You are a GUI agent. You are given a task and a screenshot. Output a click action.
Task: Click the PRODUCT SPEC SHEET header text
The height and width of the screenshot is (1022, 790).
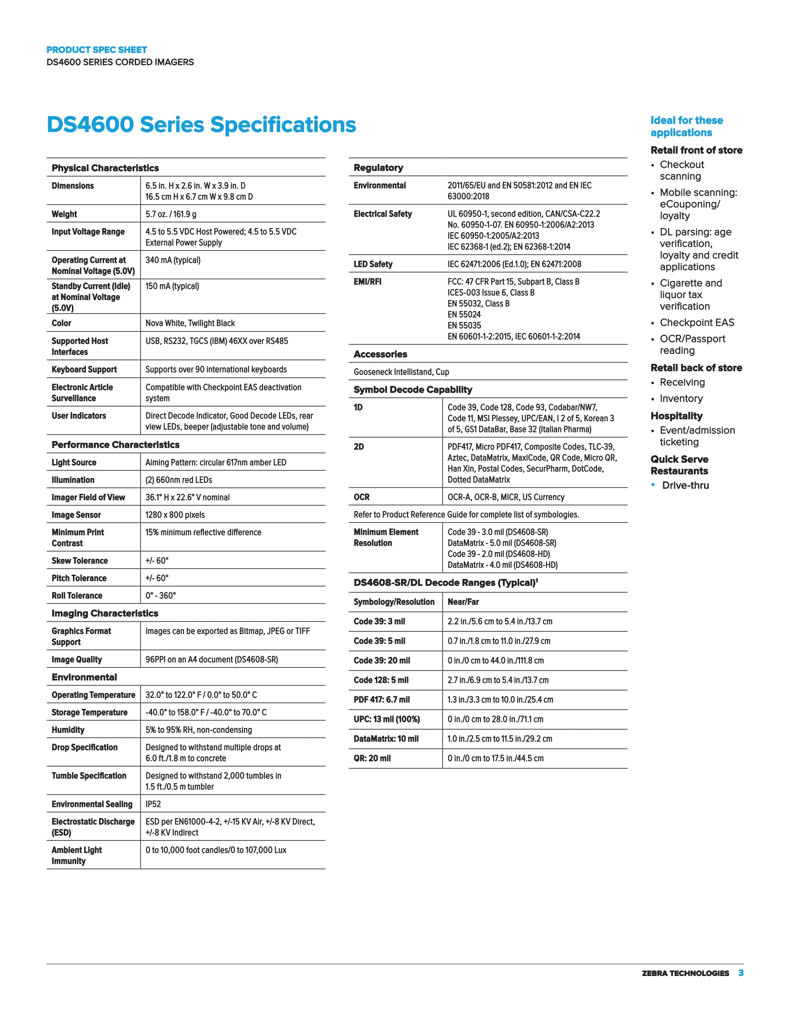[96, 50]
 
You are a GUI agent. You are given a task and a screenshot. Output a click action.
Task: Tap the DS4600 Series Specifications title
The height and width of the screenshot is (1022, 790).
[201, 125]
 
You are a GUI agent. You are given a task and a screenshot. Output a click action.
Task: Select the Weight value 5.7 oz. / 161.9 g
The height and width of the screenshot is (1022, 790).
[171, 214]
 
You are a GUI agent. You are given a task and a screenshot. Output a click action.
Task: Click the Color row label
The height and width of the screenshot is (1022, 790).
[61, 323]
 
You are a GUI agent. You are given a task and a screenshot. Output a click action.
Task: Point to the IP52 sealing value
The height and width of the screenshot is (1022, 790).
[153, 804]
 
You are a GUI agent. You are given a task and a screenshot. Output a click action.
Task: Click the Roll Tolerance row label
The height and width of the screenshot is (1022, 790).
[77, 596]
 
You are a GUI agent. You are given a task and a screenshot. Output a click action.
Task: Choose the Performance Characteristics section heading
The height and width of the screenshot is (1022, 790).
[116, 445]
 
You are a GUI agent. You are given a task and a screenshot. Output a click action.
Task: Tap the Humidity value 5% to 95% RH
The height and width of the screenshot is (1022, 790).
[198, 730]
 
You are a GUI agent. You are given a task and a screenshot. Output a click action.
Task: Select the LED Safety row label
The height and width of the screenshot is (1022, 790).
[373, 264]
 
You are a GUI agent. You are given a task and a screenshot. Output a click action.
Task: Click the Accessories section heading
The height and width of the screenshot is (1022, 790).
[380, 354]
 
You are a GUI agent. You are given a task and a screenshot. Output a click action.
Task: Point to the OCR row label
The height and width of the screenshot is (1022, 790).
[361, 497]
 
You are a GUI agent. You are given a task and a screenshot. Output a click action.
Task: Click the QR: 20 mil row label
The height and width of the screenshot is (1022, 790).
[372, 758]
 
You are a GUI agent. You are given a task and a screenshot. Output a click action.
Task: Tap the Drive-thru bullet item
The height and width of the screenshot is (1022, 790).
[685, 485]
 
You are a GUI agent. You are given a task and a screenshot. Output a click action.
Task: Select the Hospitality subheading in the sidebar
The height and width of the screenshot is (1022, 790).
[676, 416]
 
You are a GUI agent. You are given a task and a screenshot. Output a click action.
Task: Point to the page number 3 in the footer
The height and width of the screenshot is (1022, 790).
[741, 973]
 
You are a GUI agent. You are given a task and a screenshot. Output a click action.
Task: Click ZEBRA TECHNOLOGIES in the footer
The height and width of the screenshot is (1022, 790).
[685, 973]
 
